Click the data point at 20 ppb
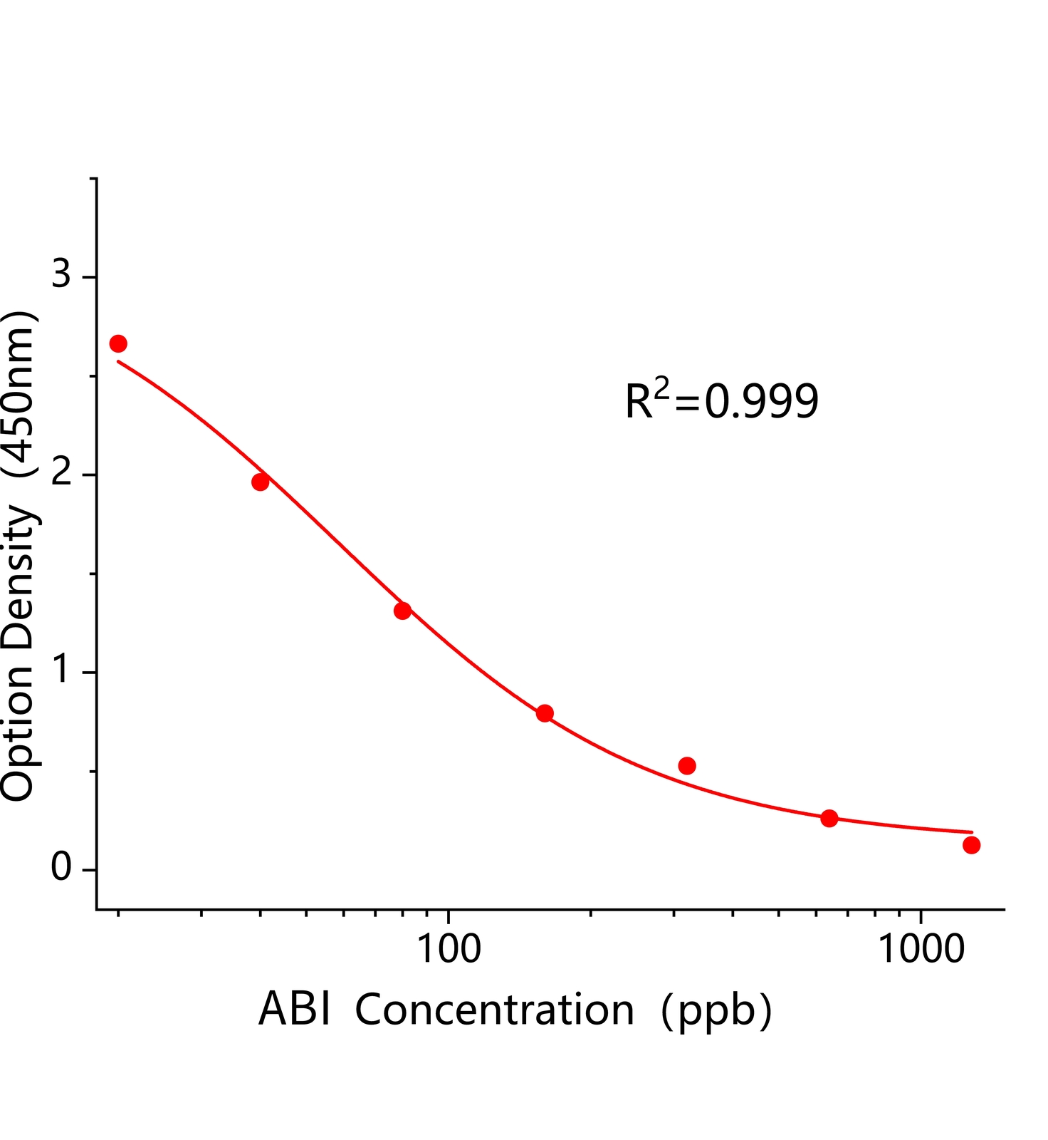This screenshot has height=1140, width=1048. [x=118, y=344]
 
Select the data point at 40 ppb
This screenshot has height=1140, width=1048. [x=261, y=482]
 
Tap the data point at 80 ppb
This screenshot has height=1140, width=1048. [x=403, y=611]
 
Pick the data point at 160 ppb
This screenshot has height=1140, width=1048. [x=545, y=713]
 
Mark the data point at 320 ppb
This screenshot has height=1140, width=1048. [x=687, y=766]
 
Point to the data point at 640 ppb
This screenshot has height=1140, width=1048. [x=829, y=818]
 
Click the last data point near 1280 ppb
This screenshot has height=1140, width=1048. [x=972, y=845]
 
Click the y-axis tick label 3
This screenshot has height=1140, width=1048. [x=62, y=274]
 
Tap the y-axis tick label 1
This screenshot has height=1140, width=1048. [x=62, y=669]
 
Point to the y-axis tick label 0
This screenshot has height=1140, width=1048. [x=62, y=868]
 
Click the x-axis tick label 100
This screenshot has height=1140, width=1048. [x=449, y=950]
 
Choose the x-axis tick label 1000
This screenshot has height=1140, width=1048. [x=921, y=950]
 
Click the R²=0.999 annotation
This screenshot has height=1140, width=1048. [x=721, y=400]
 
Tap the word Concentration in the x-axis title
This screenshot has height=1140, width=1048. [x=494, y=1010]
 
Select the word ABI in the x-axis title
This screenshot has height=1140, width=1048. [x=295, y=1010]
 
